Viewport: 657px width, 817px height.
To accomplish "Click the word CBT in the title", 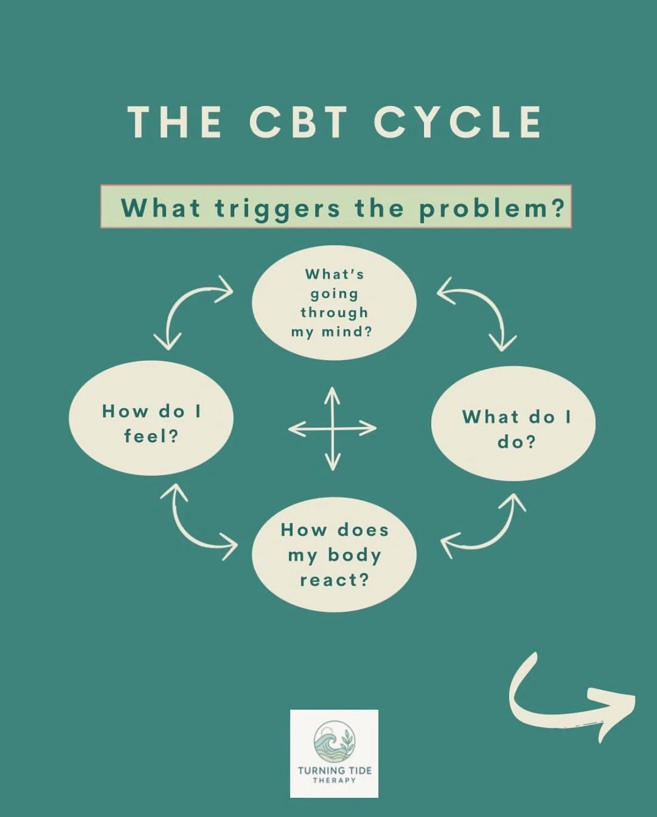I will coord(298,122).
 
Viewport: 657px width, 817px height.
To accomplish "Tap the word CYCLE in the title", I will coord(458,122).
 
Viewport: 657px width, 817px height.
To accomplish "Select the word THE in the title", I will coord(175,122).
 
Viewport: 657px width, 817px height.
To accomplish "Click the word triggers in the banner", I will coord(277,208).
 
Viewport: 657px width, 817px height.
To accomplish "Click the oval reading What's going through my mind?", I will coord(334,303).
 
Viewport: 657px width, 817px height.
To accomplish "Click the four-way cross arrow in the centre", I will coord(332,429).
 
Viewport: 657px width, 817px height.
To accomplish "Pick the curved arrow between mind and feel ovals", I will coord(188,306).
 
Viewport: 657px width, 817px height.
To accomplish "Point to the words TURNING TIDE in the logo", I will coord(334,771).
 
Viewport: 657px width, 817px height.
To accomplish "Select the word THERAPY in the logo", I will coord(334,781).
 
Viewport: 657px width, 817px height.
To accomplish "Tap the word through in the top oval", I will coord(334,313).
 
